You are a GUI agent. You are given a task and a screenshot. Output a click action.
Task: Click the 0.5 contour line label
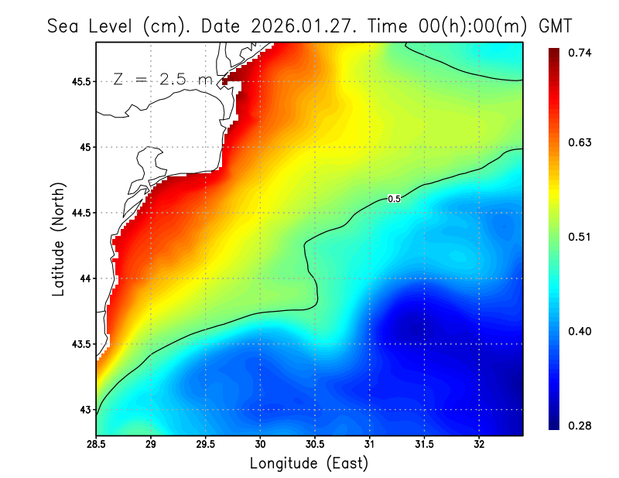[394, 199]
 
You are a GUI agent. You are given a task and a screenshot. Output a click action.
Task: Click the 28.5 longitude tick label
[97, 445]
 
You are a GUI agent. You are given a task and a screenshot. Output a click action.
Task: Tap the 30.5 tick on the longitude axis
[315, 445]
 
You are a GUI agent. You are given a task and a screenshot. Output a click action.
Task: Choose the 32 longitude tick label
[479, 445]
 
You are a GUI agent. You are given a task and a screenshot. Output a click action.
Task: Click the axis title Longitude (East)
[309, 463]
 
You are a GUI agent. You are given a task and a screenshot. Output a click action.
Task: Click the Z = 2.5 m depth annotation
[162, 79]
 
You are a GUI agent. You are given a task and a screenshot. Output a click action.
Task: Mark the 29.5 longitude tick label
[206, 445]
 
